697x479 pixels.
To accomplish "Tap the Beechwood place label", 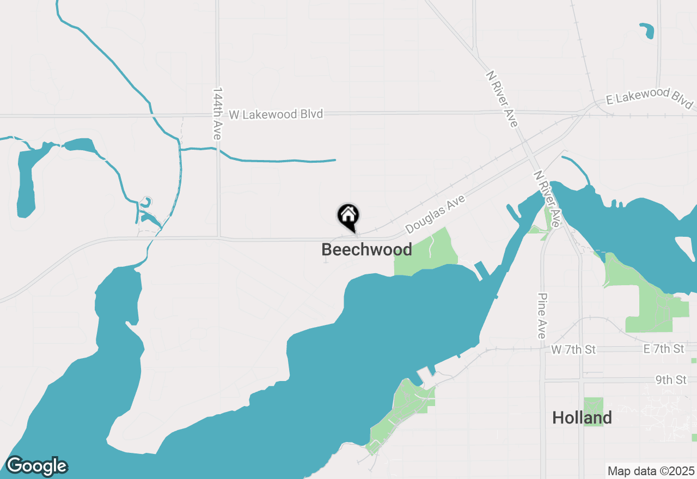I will click(x=366, y=250).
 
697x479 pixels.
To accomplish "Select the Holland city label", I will click(x=582, y=418).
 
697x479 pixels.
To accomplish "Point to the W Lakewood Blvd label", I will click(x=276, y=114).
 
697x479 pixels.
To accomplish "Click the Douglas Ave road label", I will click(x=435, y=214).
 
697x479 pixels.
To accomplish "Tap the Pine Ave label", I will click(x=541, y=316).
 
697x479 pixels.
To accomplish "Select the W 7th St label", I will click(x=573, y=349).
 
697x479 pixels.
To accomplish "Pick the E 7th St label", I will click(x=663, y=349).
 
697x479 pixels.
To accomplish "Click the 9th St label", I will click(x=671, y=380).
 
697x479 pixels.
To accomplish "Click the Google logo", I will click(x=36, y=466).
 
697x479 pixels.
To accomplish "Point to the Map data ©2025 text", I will click(x=651, y=471).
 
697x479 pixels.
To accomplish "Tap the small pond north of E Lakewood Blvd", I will click(x=647, y=30).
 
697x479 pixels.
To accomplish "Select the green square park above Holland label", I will click(x=593, y=412).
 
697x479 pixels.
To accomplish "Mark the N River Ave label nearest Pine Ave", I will click(x=547, y=199).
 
